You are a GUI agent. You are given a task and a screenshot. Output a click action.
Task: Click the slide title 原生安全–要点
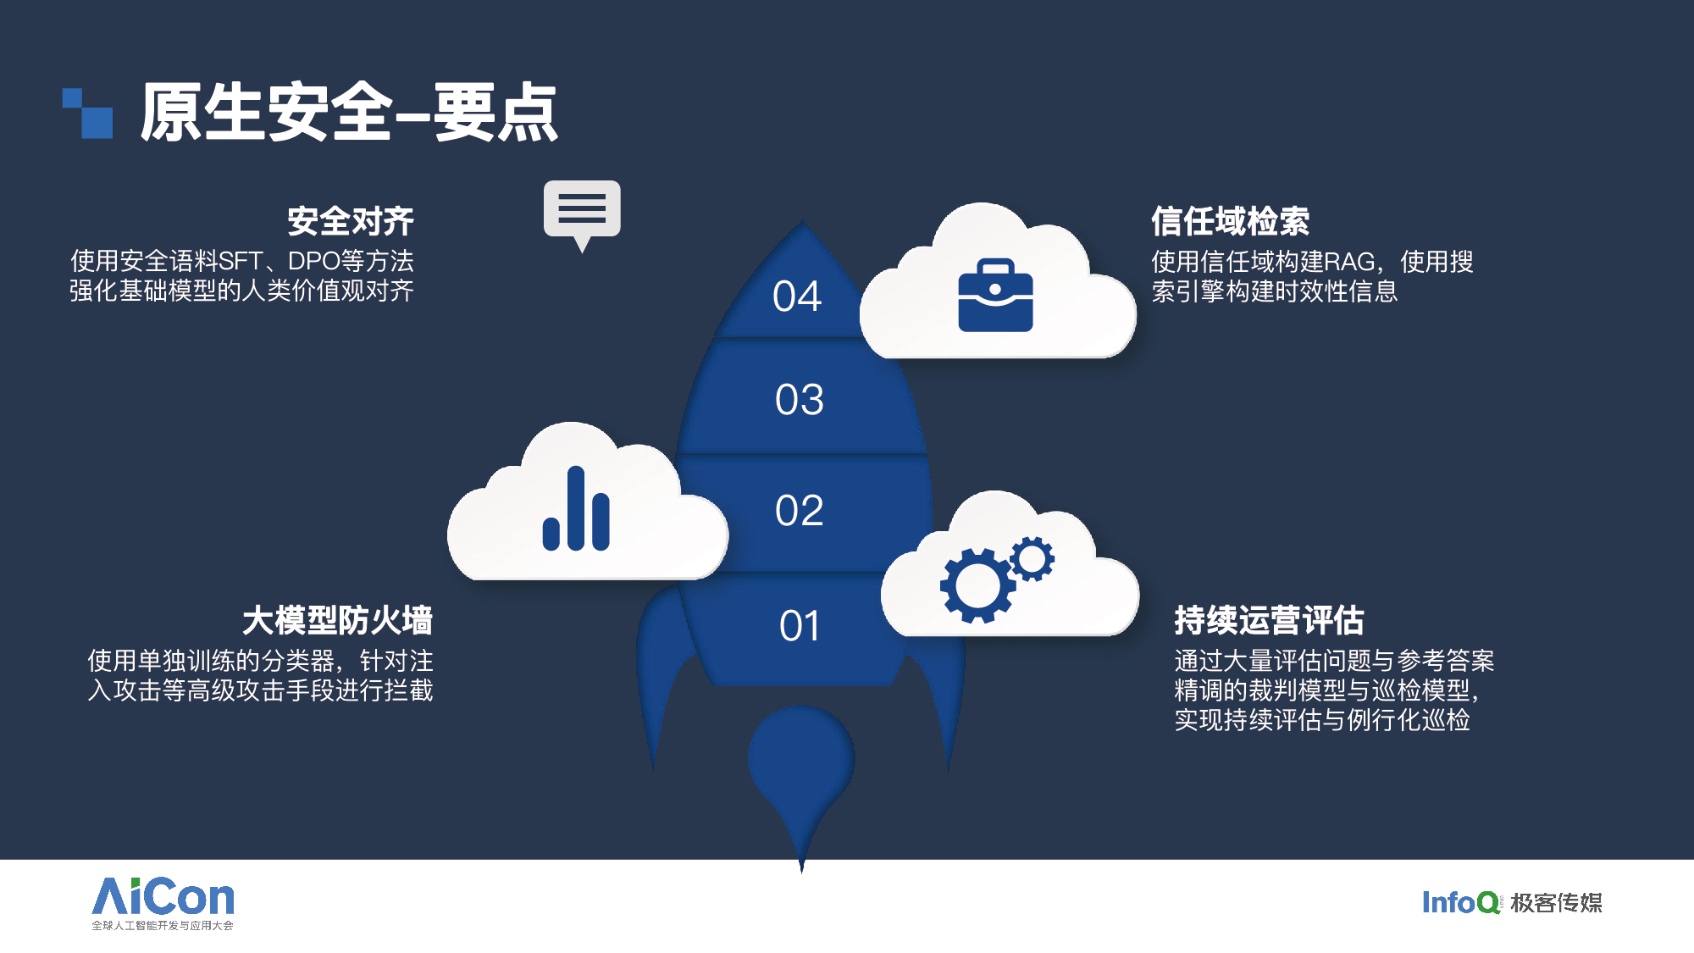pyautogui.click(x=348, y=112)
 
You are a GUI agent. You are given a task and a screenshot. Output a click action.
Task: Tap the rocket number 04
pyautogui.click(x=797, y=296)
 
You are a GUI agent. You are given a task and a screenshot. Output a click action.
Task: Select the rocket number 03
pyautogui.click(x=799, y=400)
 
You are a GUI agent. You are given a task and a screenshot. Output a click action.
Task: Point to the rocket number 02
pyautogui.click(x=799, y=511)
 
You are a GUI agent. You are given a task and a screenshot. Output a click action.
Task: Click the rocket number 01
pyautogui.click(x=800, y=626)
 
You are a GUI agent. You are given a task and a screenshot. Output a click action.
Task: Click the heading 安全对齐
pyautogui.click(x=351, y=221)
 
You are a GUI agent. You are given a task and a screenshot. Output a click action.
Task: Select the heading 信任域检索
pyautogui.click(x=1230, y=221)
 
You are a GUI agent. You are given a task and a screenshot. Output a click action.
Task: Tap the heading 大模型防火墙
pyautogui.click(x=337, y=620)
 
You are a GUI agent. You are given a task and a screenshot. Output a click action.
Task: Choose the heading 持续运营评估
pyautogui.click(x=1269, y=620)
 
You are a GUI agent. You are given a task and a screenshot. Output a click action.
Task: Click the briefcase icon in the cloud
pyautogui.click(x=995, y=296)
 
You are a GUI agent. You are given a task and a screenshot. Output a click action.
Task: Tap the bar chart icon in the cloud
pyautogui.click(x=576, y=508)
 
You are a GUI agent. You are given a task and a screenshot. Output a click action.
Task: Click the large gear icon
pyautogui.click(x=977, y=585)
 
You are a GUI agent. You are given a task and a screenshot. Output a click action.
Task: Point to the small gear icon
pyautogui.click(x=1032, y=558)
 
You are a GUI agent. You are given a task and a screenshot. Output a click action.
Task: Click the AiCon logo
pyautogui.click(x=163, y=903)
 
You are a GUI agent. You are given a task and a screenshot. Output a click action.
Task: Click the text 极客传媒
pyautogui.click(x=1556, y=903)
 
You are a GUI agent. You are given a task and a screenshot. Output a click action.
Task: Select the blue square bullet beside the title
pyautogui.click(x=88, y=113)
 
